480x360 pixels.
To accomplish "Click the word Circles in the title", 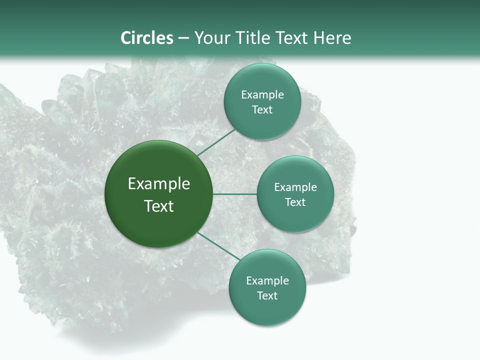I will tap(147, 38).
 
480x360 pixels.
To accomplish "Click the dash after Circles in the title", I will tap(183, 38).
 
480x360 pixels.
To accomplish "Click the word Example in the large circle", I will tap(159, 184).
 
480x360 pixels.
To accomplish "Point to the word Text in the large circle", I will tap(159, 206).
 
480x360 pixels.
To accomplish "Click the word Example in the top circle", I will tap(262, 95).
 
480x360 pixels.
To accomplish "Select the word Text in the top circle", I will tap(262, 110).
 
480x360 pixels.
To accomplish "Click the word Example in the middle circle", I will tap(295, 187).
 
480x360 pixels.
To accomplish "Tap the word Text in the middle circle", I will tap(295, 202).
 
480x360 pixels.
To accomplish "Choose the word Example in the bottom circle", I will tap(267, 281).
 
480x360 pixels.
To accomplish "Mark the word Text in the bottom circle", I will tap(267, 296).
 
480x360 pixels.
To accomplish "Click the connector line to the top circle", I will tap(216, 142).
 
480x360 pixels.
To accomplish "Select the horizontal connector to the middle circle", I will tap(235, 194).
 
